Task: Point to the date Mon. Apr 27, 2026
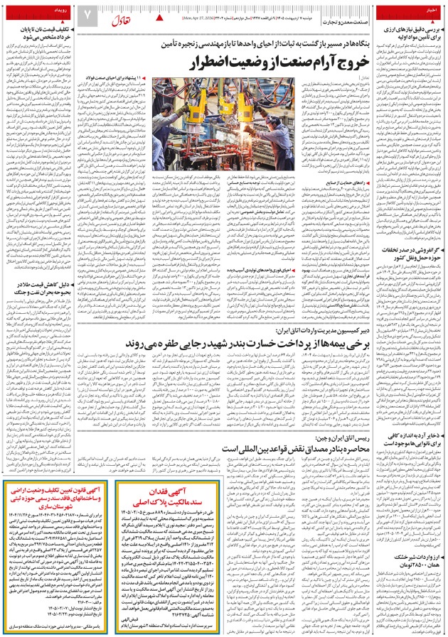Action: click(197, 16)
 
